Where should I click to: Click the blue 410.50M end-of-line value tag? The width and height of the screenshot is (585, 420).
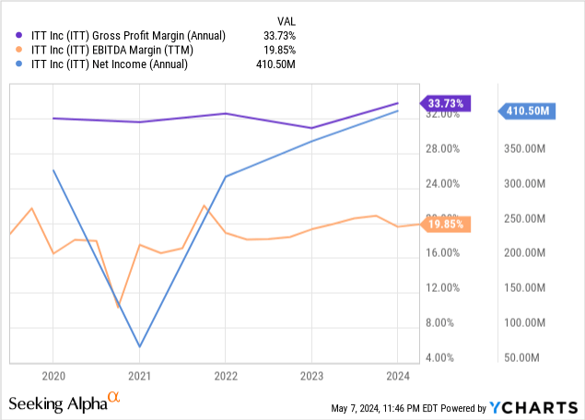pos(528,111)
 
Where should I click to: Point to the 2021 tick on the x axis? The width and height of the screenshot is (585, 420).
pos(139,377)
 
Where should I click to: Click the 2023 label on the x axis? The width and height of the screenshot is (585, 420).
pos(311,377)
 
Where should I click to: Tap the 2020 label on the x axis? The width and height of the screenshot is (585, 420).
pos(53,377)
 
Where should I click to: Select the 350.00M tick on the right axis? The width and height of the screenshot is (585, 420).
pos(527,147)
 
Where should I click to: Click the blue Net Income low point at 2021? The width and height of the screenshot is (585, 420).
pos(139,347)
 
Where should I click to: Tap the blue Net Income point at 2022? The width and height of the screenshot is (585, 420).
pos(226,176)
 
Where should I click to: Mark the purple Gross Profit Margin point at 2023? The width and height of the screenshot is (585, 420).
pos(311,128)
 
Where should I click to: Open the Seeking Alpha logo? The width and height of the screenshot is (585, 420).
pos(64,402)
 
